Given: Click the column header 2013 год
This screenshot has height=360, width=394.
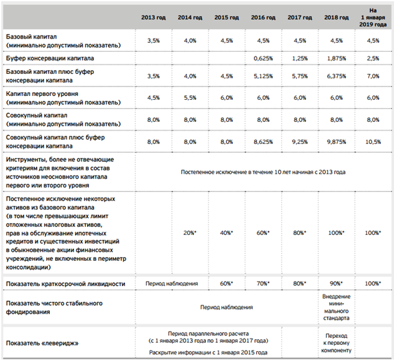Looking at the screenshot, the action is click(x=153, y=18).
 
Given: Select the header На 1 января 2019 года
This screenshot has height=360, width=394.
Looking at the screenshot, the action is click(x=373, y=18).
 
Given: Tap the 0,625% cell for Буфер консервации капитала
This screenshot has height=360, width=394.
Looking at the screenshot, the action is click(x=263, y=59).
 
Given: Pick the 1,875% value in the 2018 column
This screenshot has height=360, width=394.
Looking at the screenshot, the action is click(x=336, y=59).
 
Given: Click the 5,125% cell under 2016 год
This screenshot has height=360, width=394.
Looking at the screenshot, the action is click(x=263, y=76).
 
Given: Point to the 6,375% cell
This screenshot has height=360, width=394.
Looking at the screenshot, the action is click(x=336, y=76).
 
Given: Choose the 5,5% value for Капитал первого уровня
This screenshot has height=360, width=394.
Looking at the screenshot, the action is click(x=190, y=98).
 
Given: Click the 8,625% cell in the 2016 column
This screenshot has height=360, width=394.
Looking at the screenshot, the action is click(x=263, y=142).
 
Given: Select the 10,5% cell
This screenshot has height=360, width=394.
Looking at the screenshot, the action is click(x=373, y=142).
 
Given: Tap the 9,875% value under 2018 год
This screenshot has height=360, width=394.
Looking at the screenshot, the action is click(x=336, y=142).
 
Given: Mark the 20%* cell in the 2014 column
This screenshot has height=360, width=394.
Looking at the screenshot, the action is click(x=189, y=233).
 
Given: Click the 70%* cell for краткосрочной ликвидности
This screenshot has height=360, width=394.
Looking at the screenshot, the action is click(x=263, y=284).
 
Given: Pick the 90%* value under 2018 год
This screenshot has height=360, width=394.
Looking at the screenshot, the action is click(x=336, y=284).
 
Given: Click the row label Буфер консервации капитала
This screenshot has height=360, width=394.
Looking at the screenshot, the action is click(x=50, y=58).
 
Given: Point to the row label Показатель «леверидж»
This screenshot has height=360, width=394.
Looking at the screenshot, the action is click(x=42, y=343).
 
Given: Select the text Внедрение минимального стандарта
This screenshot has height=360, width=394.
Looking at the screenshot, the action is click(x=336, y=307).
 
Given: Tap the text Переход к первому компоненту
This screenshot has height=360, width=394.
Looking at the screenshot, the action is click(x=336, y=343).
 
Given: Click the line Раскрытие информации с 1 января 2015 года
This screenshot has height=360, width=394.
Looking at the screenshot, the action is click(x=208, y=352).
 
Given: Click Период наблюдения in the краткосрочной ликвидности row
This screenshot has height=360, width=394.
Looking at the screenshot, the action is click(x=172, y=284).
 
